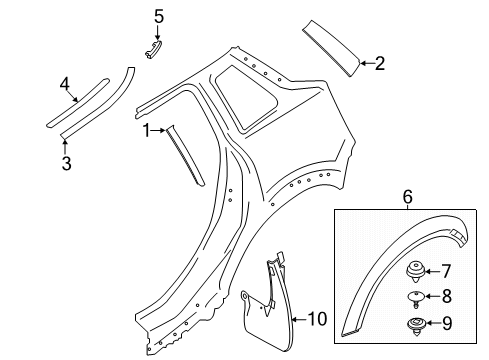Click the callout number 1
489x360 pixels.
[x=147, y=130]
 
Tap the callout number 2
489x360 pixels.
[x=380, y=65]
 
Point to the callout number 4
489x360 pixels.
[x=66, y=84]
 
